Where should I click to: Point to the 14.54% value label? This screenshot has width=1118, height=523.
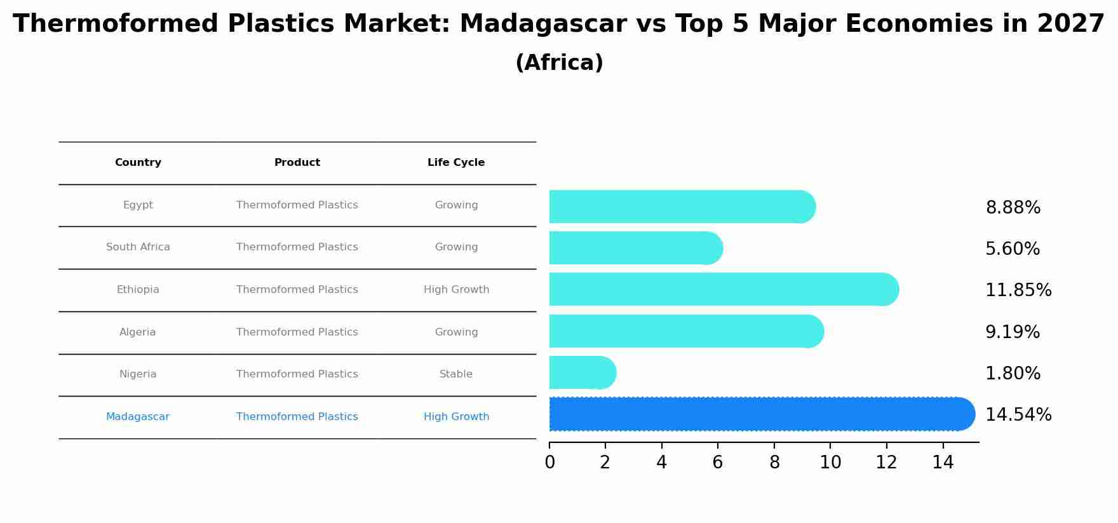(1018, 415)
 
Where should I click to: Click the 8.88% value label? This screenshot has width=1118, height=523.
(1013, 208)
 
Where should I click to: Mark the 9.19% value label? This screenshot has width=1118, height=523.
(1013, 332)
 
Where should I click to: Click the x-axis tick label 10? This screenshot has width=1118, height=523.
(830, 463)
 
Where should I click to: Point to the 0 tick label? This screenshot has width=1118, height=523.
(549, 463)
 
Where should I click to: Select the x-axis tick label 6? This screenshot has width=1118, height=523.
(718, 463)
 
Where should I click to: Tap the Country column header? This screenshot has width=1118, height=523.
(138, 163)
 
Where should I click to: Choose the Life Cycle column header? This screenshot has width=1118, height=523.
(456, 163)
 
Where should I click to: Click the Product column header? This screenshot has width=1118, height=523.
(297, 163)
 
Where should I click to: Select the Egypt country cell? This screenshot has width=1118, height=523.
(138, 205)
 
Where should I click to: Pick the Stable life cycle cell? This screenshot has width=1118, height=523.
(456, 374)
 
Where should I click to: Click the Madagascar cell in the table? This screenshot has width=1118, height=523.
(138, 417)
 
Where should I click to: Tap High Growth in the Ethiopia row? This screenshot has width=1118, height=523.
(456, 290)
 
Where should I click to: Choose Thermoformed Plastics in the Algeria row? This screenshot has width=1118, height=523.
(297, 332)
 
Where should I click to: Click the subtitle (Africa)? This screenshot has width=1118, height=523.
(559, 63)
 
